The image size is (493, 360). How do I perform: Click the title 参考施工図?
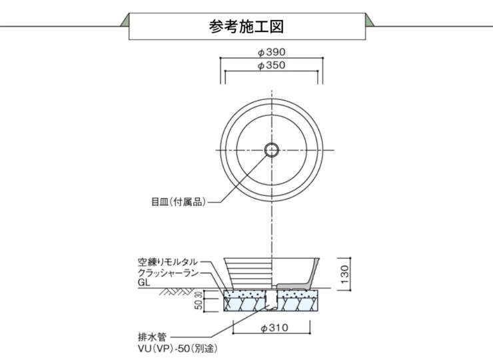[246, 27]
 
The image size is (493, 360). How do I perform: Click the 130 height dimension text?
[344, 273]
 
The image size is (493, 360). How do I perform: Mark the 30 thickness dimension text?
[197, 294]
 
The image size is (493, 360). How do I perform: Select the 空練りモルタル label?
[169, 262]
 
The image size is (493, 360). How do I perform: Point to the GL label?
[143, 283]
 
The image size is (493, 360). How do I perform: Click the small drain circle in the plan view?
[271, 149]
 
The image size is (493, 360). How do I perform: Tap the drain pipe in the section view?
[271, 301]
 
